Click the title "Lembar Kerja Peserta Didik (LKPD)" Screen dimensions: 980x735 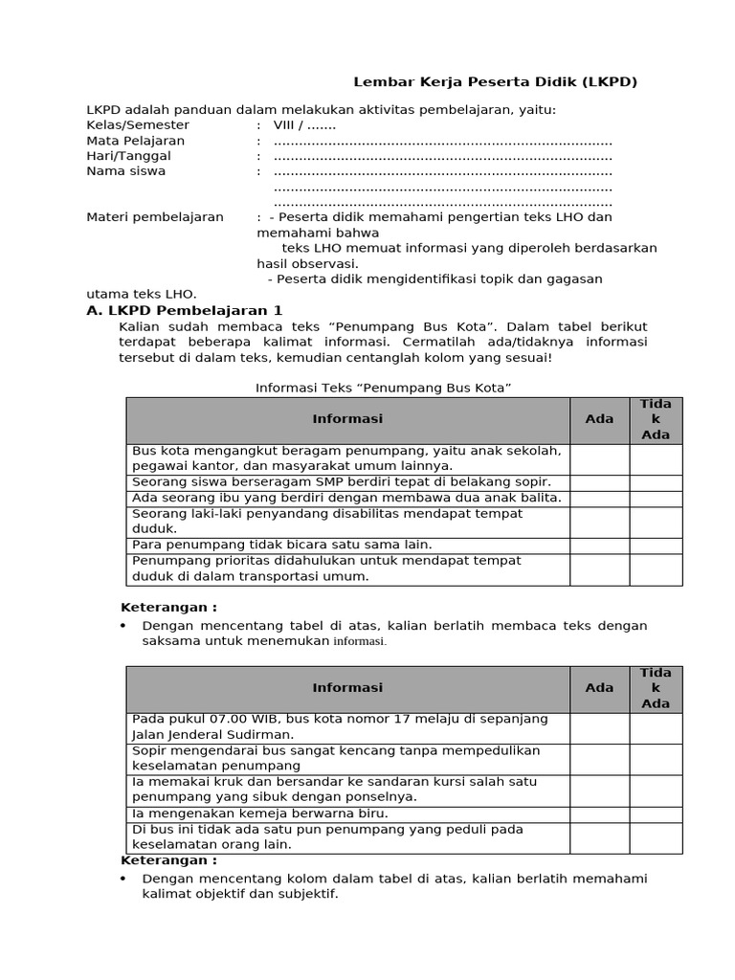495,82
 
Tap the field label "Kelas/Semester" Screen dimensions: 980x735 138,125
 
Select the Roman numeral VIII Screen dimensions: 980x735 284,125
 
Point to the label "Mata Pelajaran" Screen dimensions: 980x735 136,141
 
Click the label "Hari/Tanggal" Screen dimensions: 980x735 129,156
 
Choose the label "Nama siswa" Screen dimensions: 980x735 125,171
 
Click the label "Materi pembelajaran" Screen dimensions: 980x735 155,217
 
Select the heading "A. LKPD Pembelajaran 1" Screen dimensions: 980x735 185,311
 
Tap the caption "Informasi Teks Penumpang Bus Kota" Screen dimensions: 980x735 384,388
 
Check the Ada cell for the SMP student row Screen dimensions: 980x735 599,482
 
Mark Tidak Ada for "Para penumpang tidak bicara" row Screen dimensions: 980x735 656,546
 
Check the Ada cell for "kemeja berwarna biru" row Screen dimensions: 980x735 599,813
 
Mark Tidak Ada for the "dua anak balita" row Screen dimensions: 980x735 656,499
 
